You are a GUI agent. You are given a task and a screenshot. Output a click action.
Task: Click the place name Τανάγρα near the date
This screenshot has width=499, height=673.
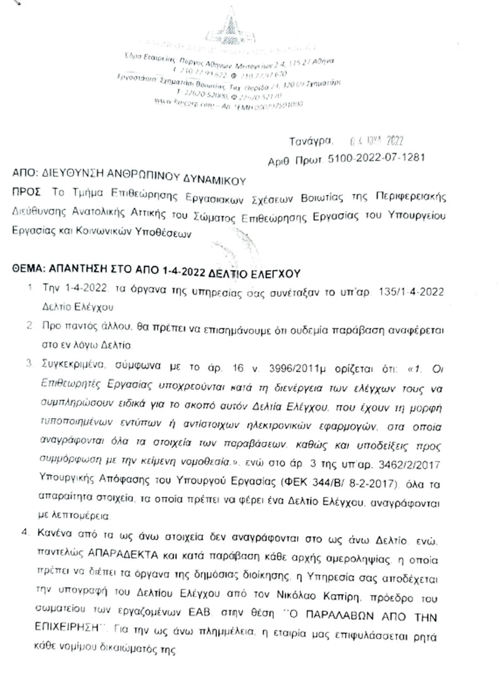[x=311, y=141]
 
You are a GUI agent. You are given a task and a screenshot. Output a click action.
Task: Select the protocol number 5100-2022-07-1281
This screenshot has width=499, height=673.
[x=376, y=158]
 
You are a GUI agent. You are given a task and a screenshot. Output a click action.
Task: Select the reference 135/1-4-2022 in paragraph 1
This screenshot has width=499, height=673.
[x=411, y=292]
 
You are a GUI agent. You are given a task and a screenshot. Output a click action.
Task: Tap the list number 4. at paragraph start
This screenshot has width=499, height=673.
[x=25, y=532]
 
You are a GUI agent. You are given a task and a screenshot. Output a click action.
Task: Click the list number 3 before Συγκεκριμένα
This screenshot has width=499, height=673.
[x=29, y=363]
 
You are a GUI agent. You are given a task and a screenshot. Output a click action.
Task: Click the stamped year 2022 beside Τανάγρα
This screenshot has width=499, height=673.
[x=395, y=141]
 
